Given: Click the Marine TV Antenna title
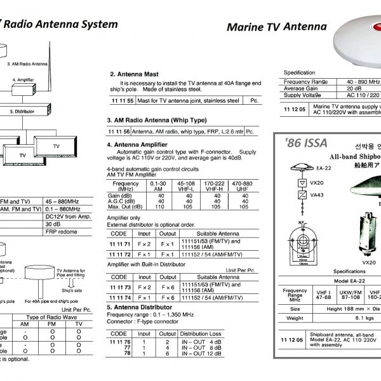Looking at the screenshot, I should click(x=277, y=27).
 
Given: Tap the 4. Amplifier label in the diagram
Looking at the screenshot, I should click(x=23, y=81).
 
